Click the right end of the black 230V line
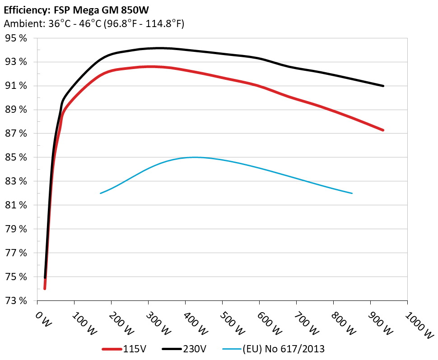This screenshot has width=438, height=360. [383, 86]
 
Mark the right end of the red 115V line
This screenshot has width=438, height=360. [383, 130]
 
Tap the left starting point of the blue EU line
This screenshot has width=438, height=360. [100, 193]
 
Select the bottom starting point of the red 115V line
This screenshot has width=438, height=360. [45, 288]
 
